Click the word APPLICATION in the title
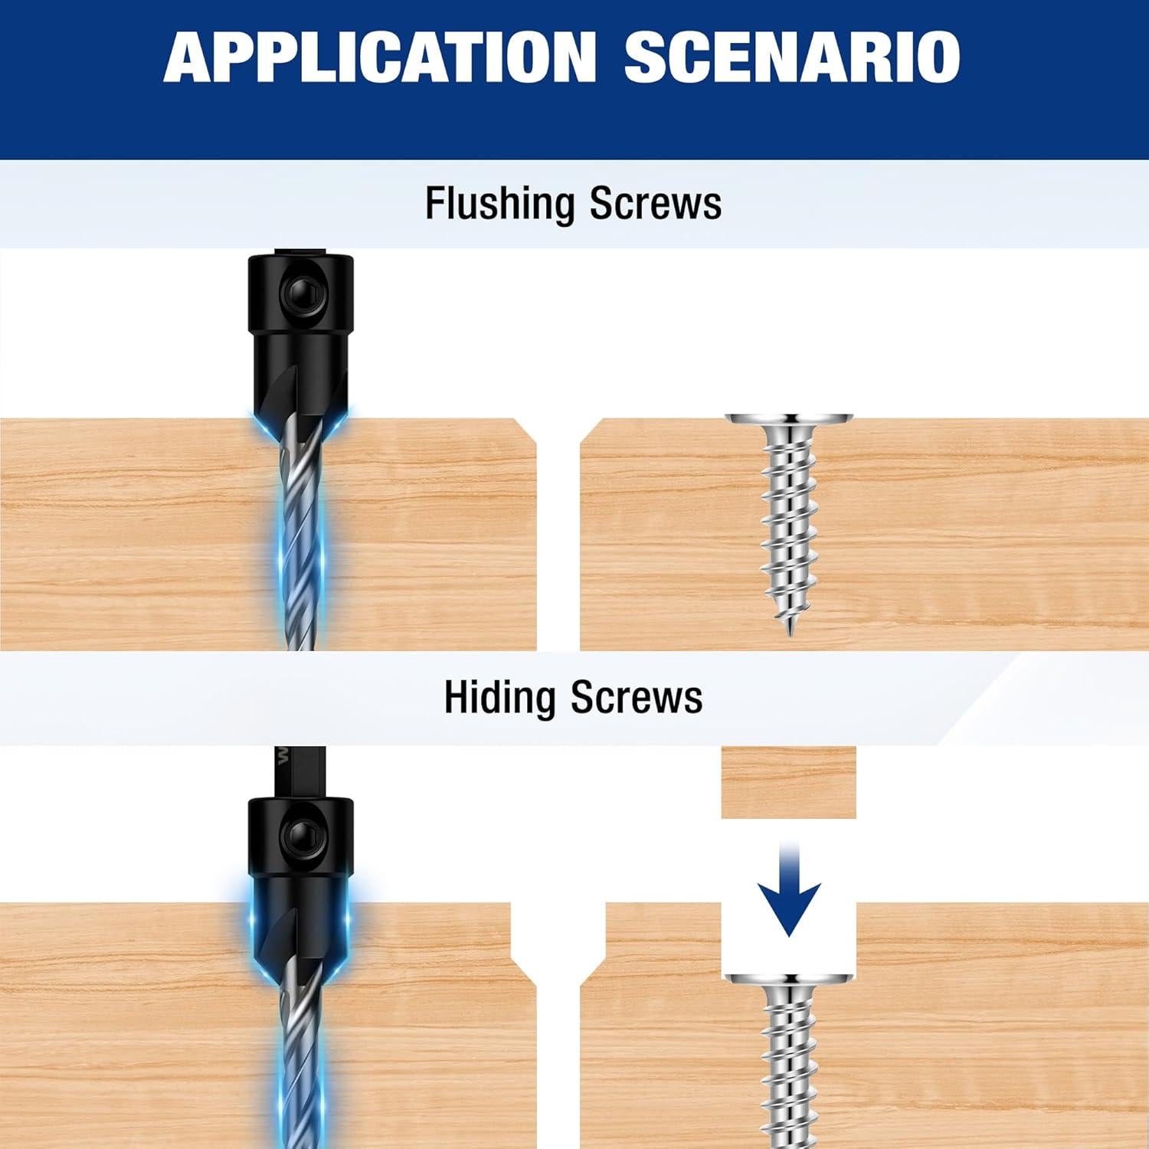click(379, 57)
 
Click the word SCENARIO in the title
click(792, 57)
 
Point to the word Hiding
click(499, 698)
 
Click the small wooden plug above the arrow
click(788, 782)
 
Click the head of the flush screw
click(788, 421)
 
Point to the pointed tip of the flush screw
click(788, 628)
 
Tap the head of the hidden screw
click(789, 980)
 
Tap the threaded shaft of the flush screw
click(788, 521)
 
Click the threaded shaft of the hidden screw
click(788, 1072)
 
